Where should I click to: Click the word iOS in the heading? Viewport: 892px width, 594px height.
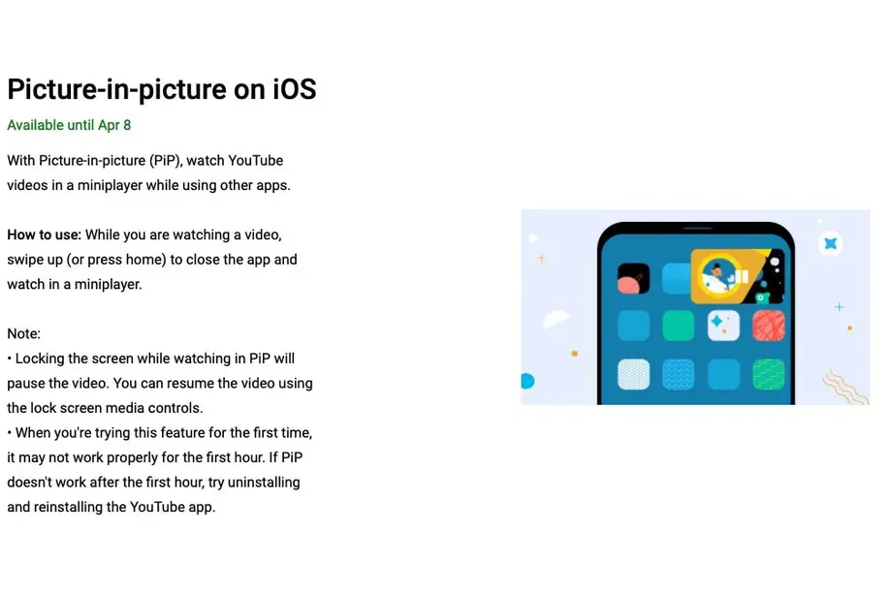point(294,89)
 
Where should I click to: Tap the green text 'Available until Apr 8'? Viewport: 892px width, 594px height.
point(69,125)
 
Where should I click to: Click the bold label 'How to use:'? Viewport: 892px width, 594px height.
point(45,234)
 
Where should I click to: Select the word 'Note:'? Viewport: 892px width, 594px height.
point(24,333)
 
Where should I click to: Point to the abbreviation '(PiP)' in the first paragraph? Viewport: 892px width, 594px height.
point(166,161)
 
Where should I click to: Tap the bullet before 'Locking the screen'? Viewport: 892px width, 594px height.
point(10,359)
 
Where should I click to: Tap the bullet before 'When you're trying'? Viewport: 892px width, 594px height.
point(10,433)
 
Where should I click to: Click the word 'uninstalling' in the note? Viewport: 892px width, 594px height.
point(264,483)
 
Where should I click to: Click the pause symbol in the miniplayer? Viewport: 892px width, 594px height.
point(742,277)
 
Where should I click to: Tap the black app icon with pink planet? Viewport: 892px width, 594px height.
point(633,278)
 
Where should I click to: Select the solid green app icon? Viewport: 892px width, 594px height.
point(678,326)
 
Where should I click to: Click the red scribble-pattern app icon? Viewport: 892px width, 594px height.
point(769,326)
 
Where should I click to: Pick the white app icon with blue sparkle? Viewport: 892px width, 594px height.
point(723,326)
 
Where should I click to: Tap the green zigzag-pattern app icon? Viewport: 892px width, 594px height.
point(769,375)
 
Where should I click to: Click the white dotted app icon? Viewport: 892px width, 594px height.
point(633,375)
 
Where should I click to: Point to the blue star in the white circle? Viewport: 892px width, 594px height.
point(831,244)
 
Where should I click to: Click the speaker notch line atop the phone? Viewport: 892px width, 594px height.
point(697,229)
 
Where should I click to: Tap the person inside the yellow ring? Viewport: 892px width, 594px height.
point(717,277)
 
